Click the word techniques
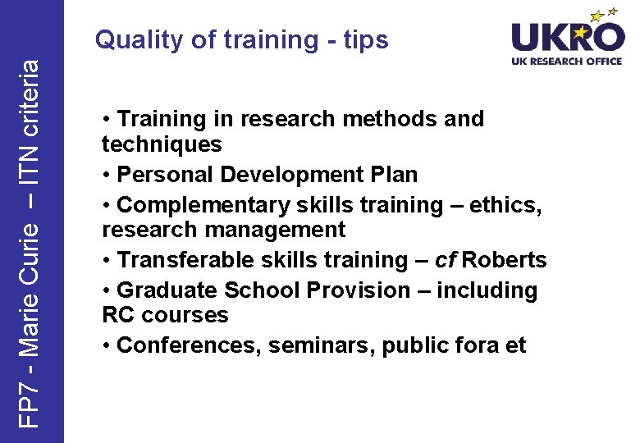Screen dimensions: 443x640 click(162, 144)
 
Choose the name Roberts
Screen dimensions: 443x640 click(505, 260)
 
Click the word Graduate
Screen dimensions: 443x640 click(165, 290)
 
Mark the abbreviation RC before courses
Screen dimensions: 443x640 click(118, 315)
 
